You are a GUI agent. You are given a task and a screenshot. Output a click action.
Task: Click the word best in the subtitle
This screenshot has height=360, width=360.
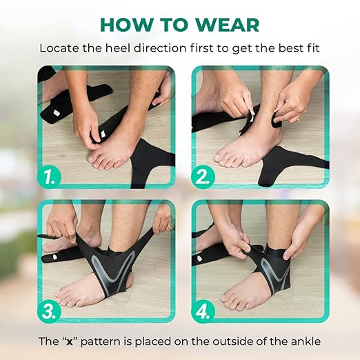tap(280, 49)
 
